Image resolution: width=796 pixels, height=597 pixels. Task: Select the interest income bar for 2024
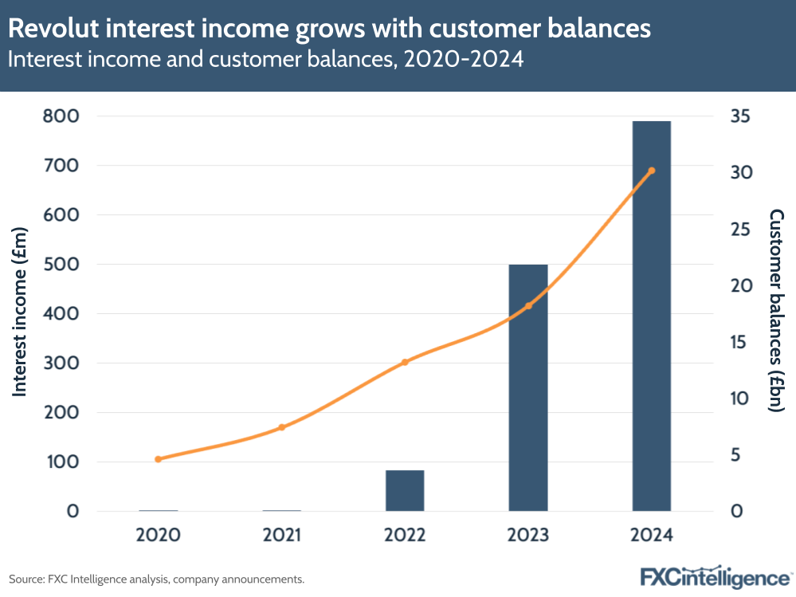(x=652, y=316)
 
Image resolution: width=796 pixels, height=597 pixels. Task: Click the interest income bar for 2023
(x=528, y=387)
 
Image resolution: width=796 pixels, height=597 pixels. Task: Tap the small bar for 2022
(x=405, y=490)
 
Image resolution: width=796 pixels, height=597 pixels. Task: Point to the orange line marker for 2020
(x=158, y=459)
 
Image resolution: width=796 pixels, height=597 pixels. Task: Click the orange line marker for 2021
(x=281, y=427)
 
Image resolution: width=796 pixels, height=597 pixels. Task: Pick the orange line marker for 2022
(x=405, y=362)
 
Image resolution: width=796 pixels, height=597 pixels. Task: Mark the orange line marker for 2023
(x=528, y=306)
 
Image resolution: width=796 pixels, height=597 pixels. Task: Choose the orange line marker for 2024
(x=652, y=171)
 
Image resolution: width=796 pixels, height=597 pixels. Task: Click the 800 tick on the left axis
(x=61, y=116)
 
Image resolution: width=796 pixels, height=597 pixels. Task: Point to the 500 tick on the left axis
(x=61, y=265)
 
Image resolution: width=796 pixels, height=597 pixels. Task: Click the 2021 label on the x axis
(x=281, y=534)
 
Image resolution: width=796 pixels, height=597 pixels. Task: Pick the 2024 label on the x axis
(x=652, y=534)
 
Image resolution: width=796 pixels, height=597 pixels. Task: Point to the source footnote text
(x=156, y=579)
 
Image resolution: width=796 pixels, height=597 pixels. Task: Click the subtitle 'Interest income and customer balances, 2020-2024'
(x=266, y=60)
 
